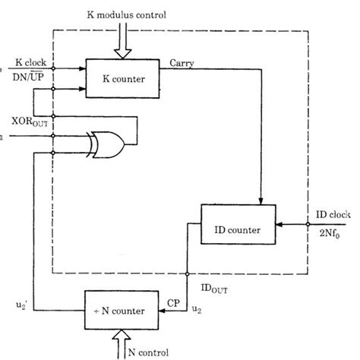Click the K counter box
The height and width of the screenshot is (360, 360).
tap(119, 77)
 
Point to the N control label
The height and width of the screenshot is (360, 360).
tap(150, 351)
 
